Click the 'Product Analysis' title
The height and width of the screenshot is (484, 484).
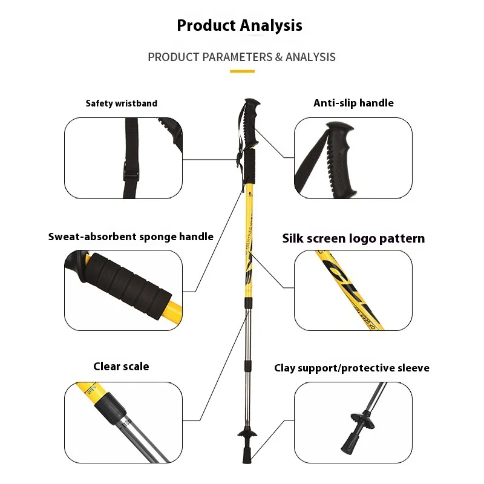240,25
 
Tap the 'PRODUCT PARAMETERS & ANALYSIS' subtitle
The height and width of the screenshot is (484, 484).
241,57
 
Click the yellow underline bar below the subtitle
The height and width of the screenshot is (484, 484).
242,71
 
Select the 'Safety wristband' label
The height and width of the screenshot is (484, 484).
121,103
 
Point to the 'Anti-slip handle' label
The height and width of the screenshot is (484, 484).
353,103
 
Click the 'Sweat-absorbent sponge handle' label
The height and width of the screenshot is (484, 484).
131,237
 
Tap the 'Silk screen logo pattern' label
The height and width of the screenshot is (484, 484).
353,238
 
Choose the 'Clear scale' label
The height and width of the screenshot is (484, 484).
121,366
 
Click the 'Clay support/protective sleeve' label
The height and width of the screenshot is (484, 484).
352,368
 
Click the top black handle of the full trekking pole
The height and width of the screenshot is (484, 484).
252,115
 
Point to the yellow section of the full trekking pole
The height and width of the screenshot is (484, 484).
249,242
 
